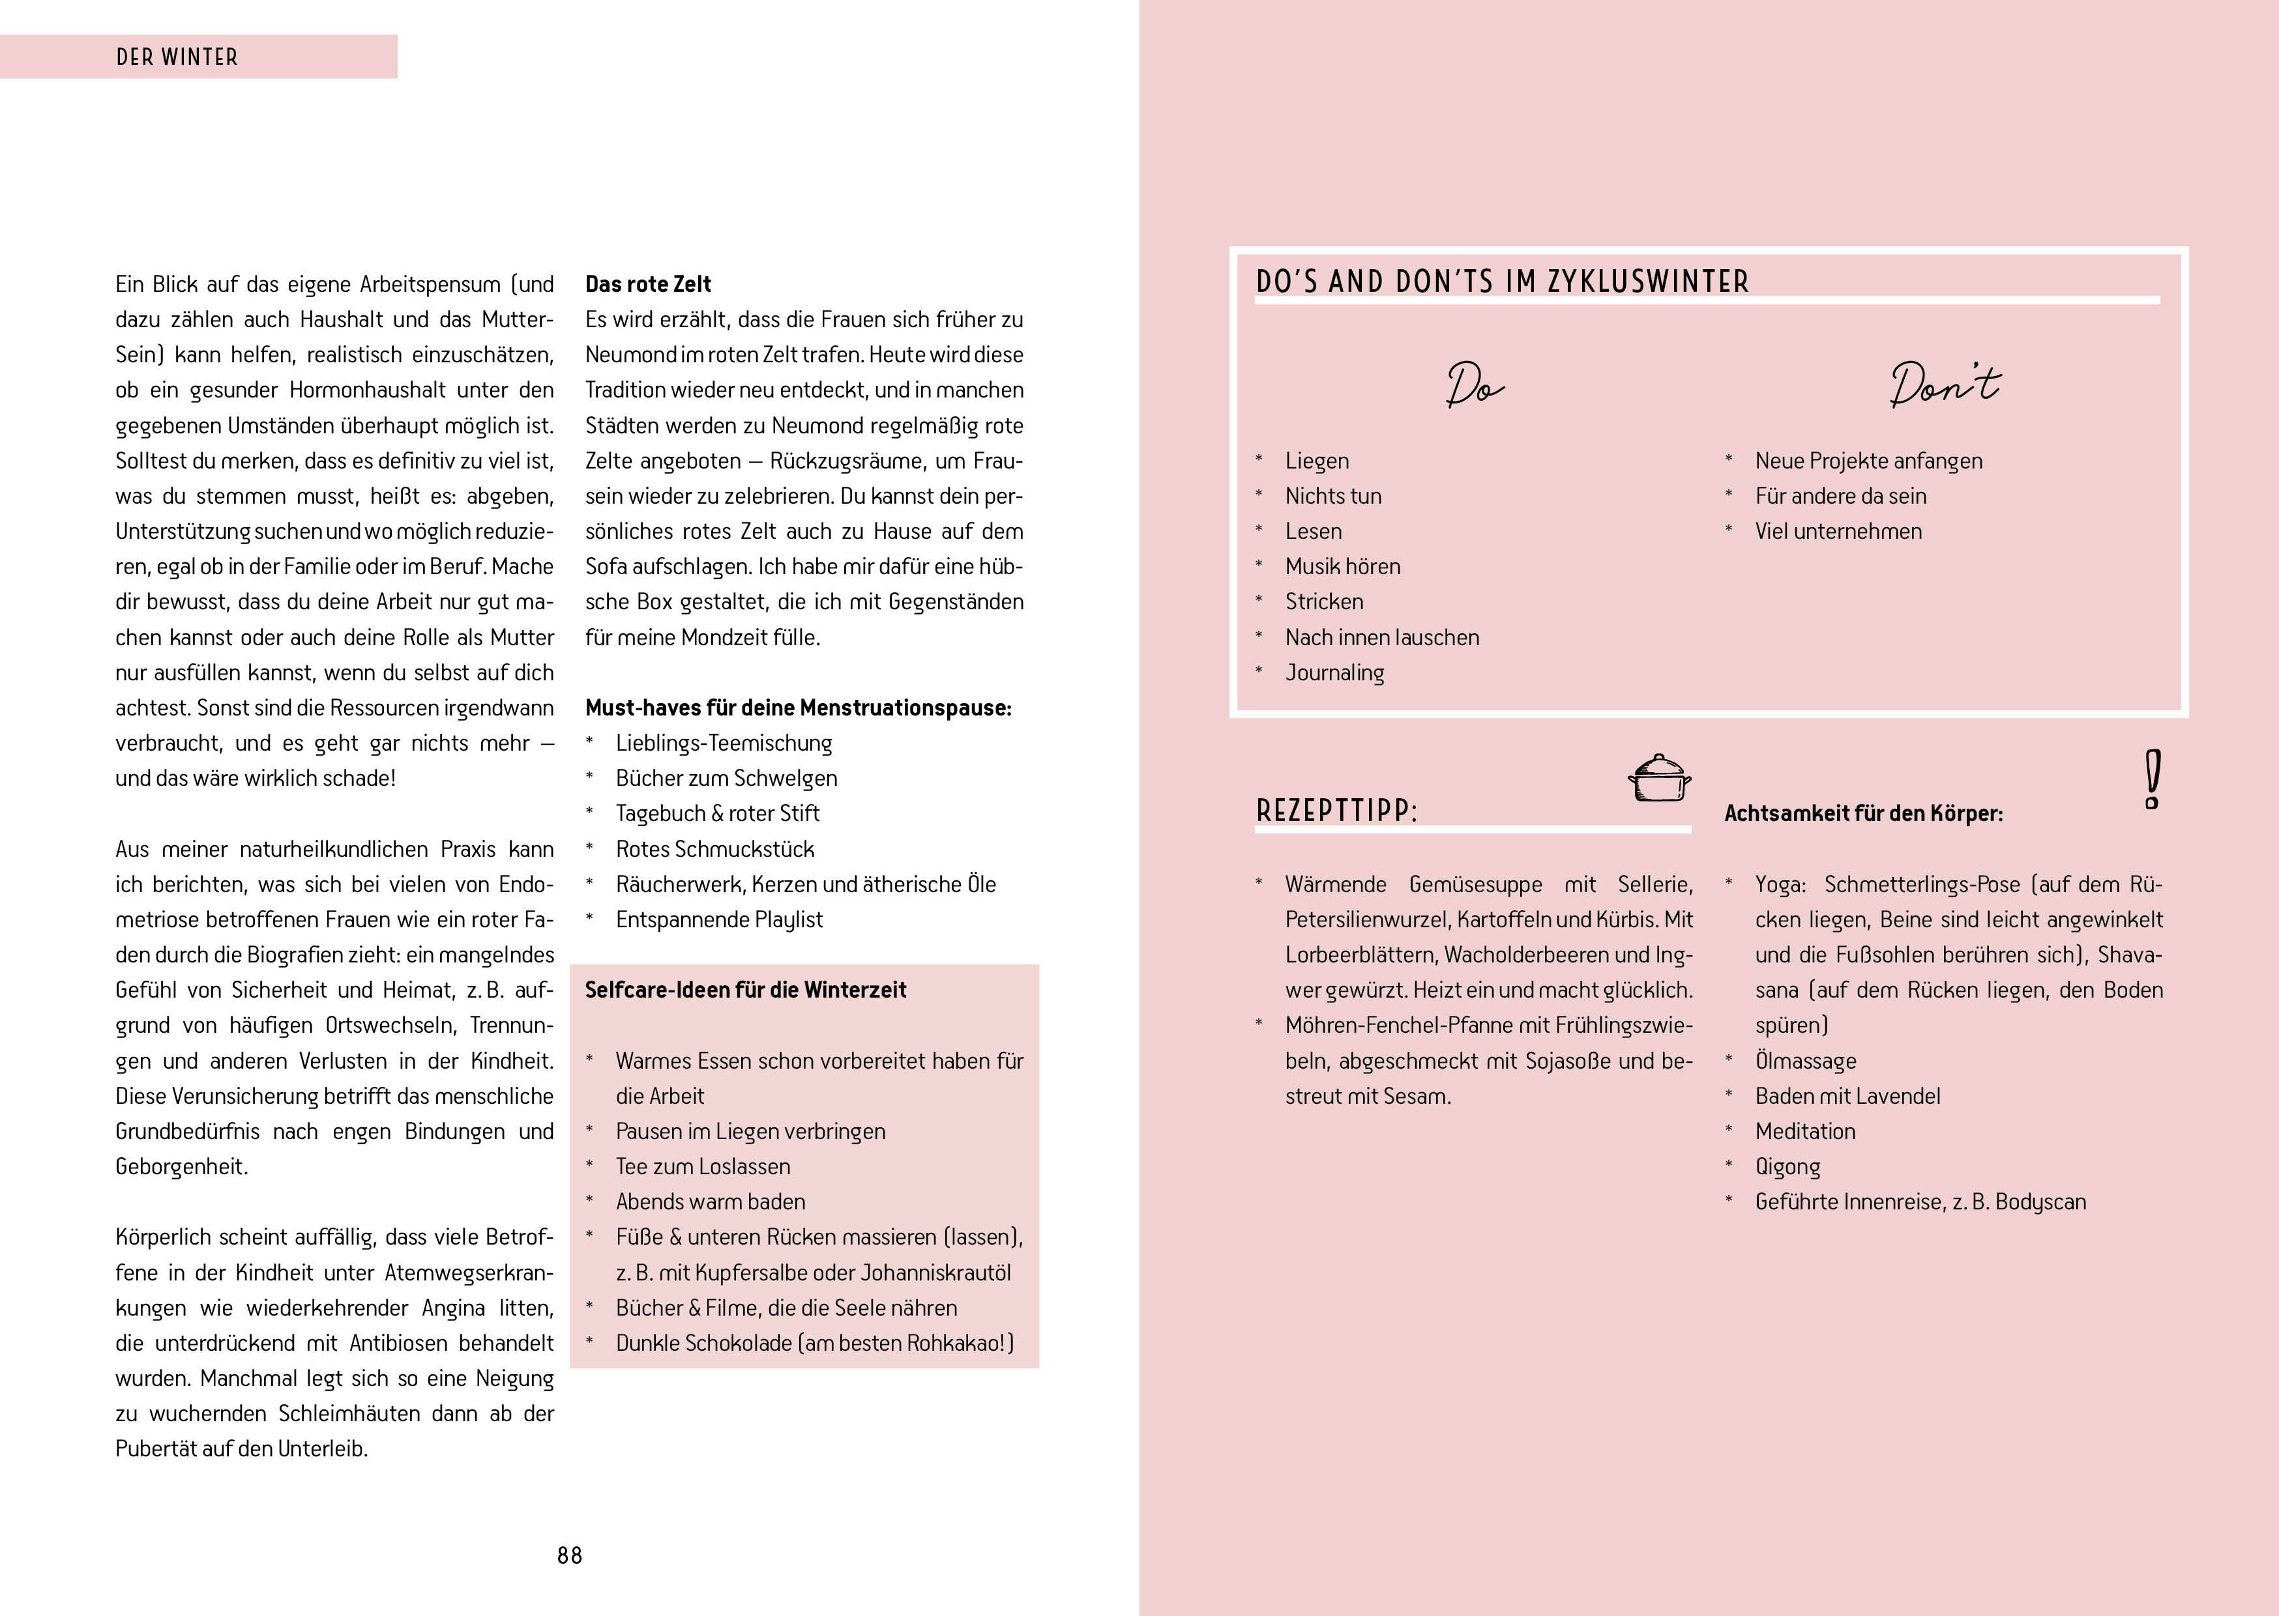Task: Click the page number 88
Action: pos(569,1555)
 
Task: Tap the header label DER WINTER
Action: pos(177,58)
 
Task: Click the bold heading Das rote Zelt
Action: pos(648,285)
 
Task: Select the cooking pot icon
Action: pos(1659,778)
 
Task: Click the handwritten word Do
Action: pos(1475,385)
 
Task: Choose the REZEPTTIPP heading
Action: pos(1336,811)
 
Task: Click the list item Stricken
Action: pos(1323,602)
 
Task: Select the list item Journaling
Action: pos(1334,672)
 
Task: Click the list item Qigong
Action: pos(1787,1166)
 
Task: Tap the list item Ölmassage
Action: pos(1805,1061)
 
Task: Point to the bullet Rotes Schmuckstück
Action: pos(714,849)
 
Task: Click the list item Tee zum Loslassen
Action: pos(703,1166)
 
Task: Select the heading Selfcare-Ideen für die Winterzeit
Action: pos(745,990)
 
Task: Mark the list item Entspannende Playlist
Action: pos(718,919)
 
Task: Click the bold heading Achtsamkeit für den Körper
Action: pos(1863,814)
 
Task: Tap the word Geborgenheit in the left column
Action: pos(181,1166)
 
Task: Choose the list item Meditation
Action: pos(1805,1131)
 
